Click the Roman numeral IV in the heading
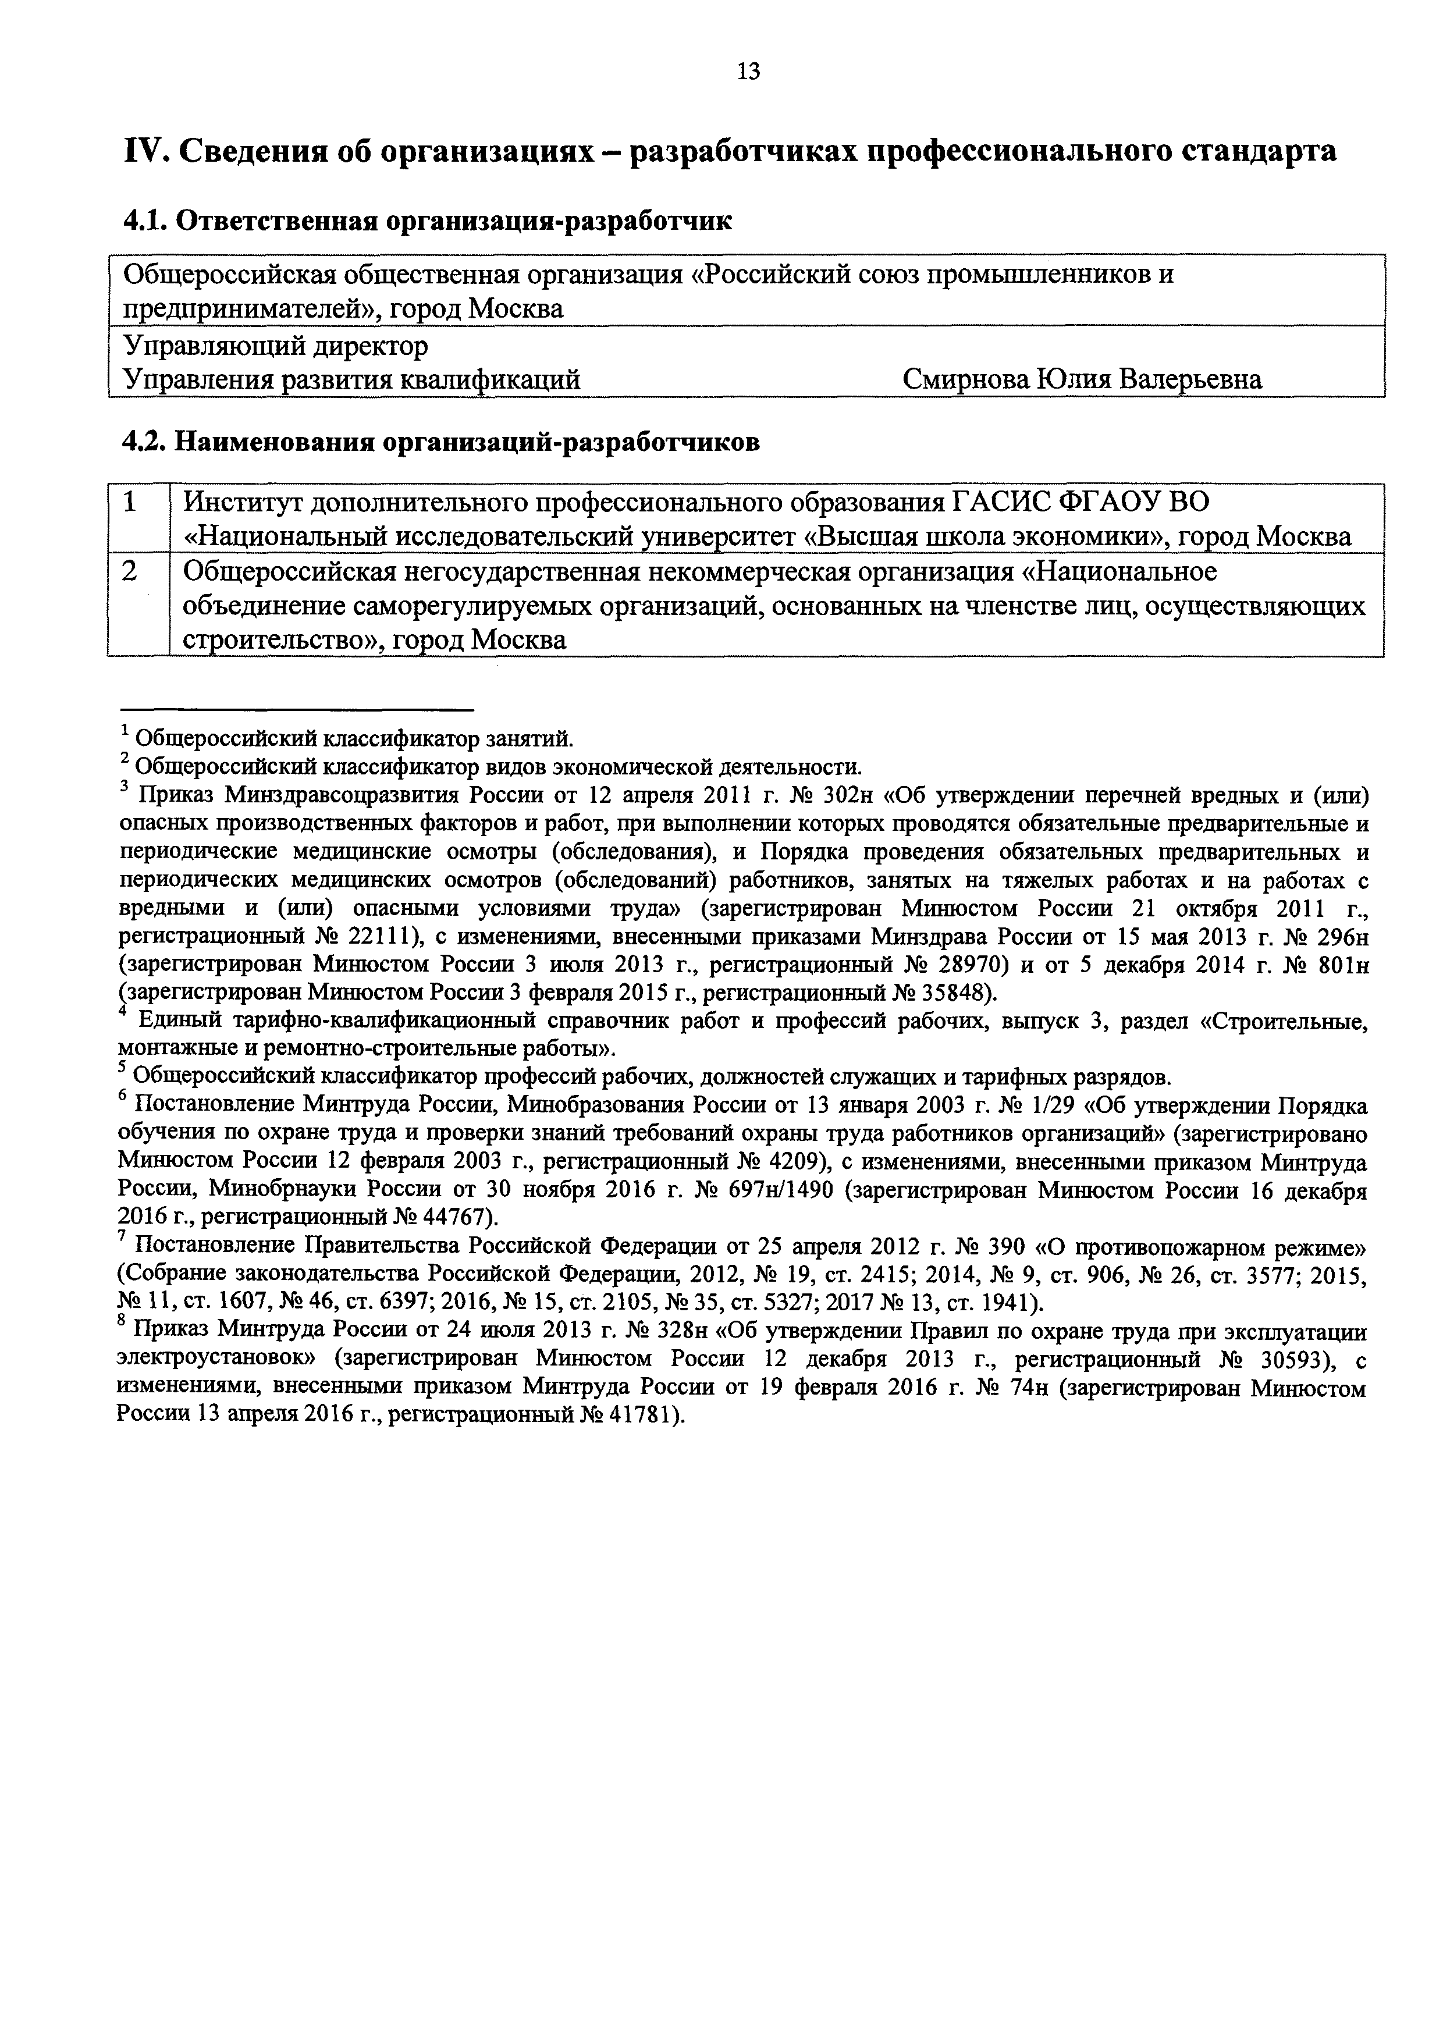(x=141, y=152)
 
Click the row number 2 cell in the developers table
(x=131, y=571)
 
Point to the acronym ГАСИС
(x=1002, y=502)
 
